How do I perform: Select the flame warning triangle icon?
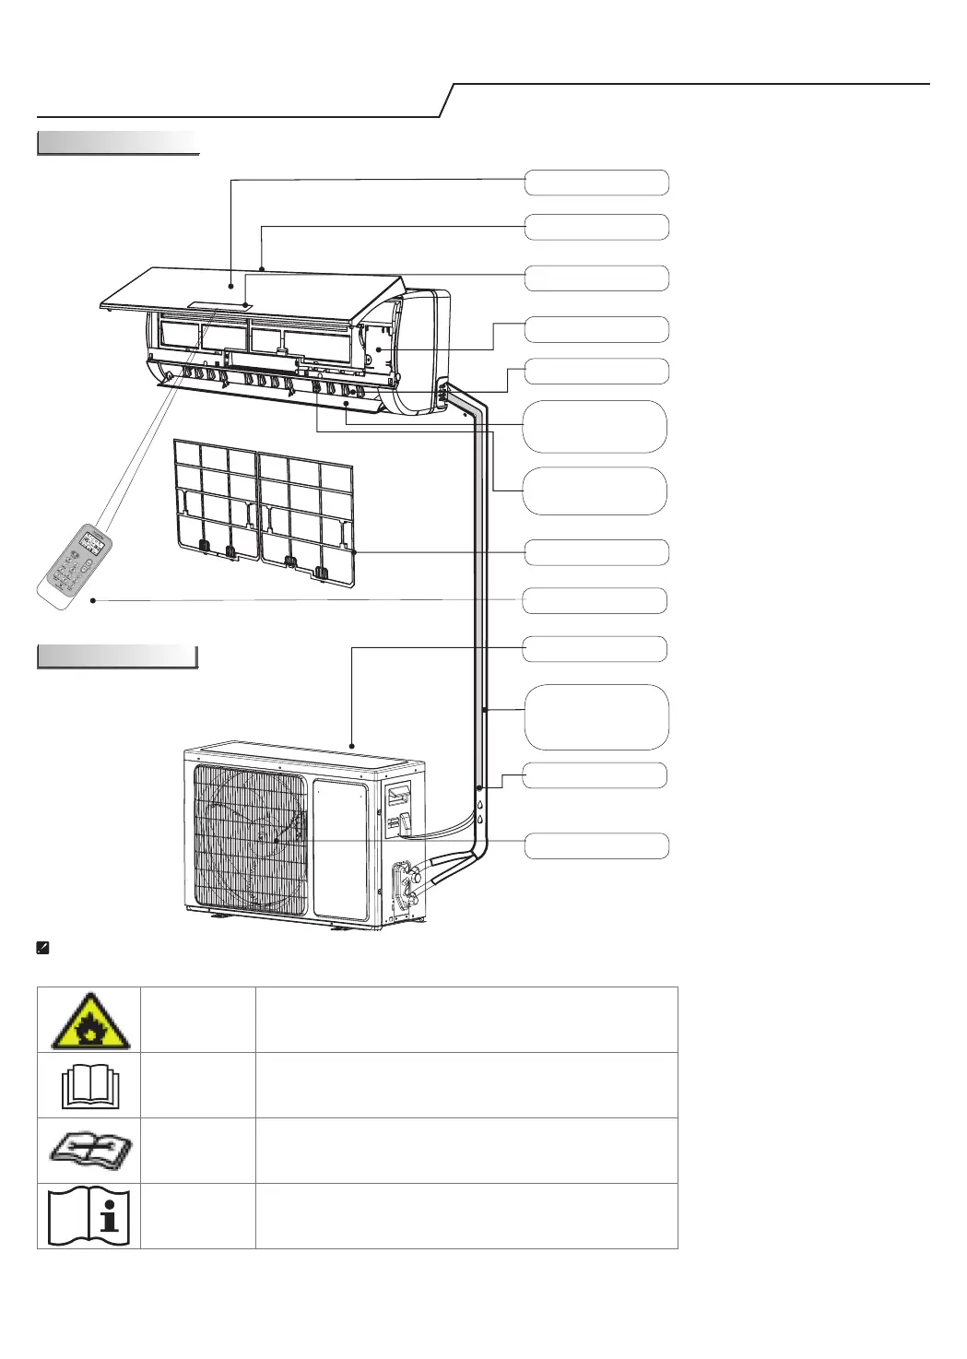point(88,1021)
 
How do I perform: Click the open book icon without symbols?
point(88,1086)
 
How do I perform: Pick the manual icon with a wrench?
point(88,1152)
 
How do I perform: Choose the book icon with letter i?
point(88,1217)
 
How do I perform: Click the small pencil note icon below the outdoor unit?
point(42,948)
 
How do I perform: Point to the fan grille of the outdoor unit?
point(249,839)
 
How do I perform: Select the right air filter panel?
point(307,512)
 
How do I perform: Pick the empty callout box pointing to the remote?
point(595,601)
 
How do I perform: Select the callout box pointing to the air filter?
point(596,553)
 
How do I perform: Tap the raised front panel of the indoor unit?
point(249,290)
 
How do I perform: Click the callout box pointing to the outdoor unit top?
point(595,649)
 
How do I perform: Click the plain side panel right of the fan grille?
point(340,848)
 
